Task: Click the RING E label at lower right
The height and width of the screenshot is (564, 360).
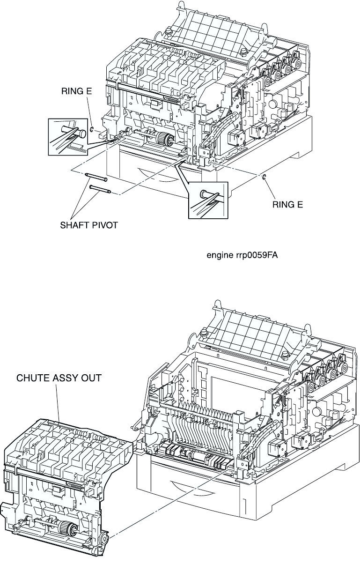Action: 289,204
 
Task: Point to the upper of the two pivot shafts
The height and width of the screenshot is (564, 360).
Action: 96,177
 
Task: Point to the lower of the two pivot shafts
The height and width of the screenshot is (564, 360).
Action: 100,189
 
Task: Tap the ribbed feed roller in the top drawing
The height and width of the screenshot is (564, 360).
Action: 162,139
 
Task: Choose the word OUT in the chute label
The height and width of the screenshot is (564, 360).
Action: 91,378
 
